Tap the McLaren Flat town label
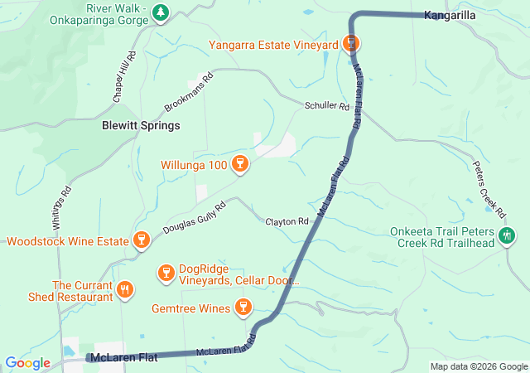124,358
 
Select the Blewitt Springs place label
140,126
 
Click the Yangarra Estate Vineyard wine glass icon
352,43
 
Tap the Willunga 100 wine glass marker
240,163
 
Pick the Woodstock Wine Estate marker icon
141,242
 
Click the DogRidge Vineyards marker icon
166,273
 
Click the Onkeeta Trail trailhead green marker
506,236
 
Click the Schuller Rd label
327,107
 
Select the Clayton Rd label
287,222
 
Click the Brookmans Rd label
189,93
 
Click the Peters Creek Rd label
489,184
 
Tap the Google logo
27,363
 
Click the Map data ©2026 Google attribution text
479,366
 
